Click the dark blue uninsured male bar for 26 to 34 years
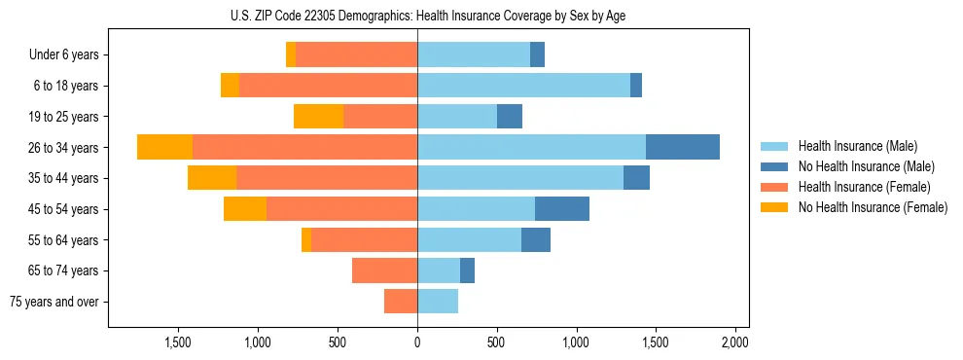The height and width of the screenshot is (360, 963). coord(682,147)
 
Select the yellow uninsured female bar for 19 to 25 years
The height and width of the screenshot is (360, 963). coord(318,117)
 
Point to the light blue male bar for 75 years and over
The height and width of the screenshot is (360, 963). coord(438,302)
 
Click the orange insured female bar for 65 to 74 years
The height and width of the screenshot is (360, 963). coord(384,270)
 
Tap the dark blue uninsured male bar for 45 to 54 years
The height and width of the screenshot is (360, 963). coord(561,209)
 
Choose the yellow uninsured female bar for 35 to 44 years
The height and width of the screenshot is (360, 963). coord(212,178)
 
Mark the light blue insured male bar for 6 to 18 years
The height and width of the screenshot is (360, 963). coord(523,86)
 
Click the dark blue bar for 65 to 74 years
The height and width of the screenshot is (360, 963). coord(467,270)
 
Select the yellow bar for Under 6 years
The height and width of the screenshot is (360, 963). coord(291,54)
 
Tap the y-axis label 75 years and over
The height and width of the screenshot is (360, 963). coord(54,302)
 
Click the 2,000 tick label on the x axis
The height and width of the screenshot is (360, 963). coord(734,342)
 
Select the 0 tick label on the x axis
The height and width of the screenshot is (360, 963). coord(417,342)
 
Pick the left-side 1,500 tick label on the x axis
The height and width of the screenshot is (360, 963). coord(178,342)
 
